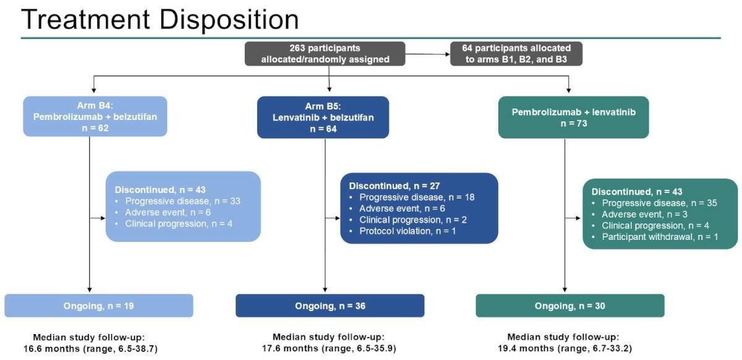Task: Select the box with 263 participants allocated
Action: tap(325, 54)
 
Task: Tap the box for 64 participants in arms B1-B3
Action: tap(516, 54)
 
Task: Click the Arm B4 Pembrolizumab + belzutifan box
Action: tap(95, 116)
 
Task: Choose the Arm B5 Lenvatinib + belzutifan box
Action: tap(323, 116)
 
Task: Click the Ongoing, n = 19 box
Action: tap(99, 306)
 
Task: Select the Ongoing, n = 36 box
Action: tap(330, 306)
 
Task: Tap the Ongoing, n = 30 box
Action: tap(569, 306)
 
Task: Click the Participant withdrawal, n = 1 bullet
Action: tap(659, 237)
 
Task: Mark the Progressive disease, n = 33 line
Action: tap(182, 200)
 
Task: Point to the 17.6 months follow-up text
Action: tap(328, 348)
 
